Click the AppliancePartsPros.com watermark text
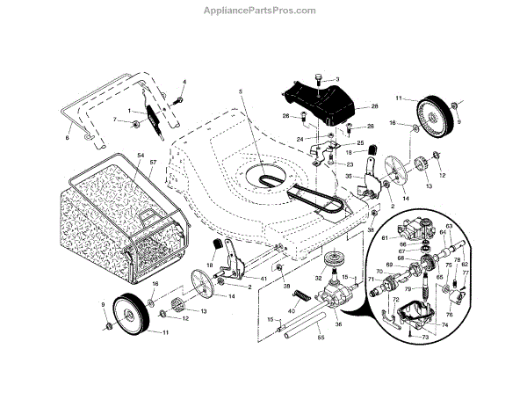[x=263, y=11]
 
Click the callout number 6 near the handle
[x=68, y=138]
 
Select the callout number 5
[x=238, y=93]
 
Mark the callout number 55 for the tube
[x=321, y=338]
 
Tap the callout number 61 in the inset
[x=384, y=238]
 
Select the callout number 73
[x=427, y=337]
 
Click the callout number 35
[x=349, y=177]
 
